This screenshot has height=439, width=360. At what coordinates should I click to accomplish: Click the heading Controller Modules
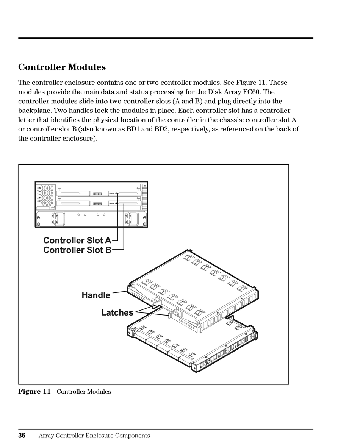(x=62, y=67)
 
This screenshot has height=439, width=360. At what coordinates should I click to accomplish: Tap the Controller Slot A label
(x=77, y=240)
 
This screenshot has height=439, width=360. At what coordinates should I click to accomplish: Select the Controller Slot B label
(x=77, y=250)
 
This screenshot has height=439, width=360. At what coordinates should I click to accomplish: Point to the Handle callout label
(x=96, y=295)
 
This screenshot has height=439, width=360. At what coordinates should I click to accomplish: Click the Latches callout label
(x=117, y=312)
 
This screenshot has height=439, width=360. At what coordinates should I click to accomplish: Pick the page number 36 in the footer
(x=22, y=436)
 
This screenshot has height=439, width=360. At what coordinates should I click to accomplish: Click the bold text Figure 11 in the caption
(x=34, y=391)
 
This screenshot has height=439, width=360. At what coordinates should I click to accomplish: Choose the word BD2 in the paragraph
(x=261, y=129)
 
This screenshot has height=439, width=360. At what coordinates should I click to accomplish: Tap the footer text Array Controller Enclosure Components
(x=94, y=436)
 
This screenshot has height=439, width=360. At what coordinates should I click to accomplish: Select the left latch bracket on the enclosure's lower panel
(x=55, y=219)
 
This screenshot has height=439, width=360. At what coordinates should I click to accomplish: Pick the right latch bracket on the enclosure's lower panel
(x=129, y=219)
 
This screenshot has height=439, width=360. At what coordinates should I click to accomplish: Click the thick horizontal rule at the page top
(x=166, y=38)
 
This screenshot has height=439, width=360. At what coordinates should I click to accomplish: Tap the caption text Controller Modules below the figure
(x=84, y=392)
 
